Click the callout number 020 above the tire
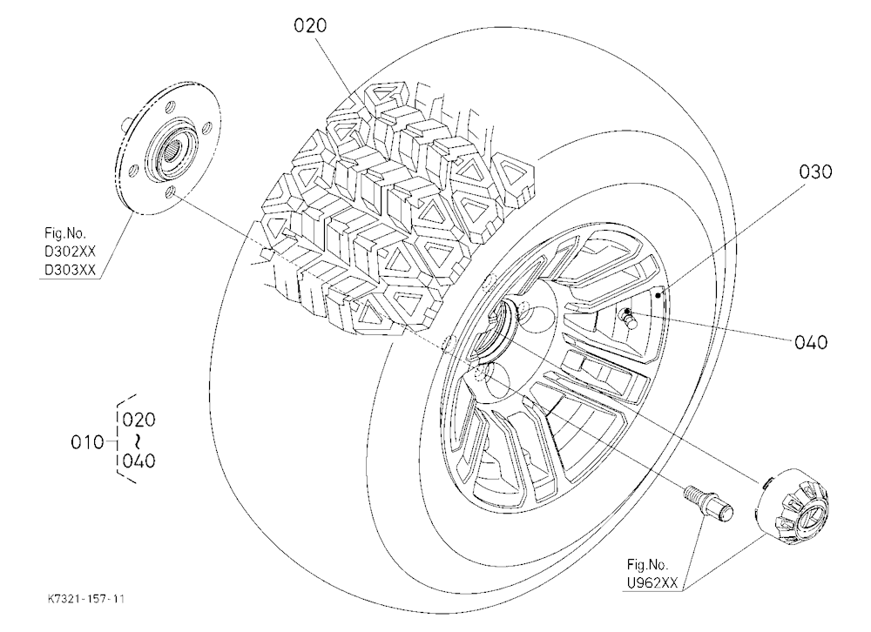[x=310, y=25]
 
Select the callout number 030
[x=815, y=171]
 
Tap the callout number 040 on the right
[x=810, y=342]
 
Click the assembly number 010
[x=87, y=442]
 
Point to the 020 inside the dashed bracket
[x=138, y=420]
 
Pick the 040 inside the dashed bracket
[x=138, y=461]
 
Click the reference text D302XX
[x=70, y=252]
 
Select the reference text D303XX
[x=70, y=271]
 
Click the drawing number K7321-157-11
[x=86, y=599]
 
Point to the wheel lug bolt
[x=707, y=502]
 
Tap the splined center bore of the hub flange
[x=174, y=149]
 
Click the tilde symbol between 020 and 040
[x=137, y=440]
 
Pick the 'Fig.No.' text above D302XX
[x=65, y=233]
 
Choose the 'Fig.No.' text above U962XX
[x=648, y=565]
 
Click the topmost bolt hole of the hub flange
[x=172, y=105]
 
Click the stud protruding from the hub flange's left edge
[x=126, y=120]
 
